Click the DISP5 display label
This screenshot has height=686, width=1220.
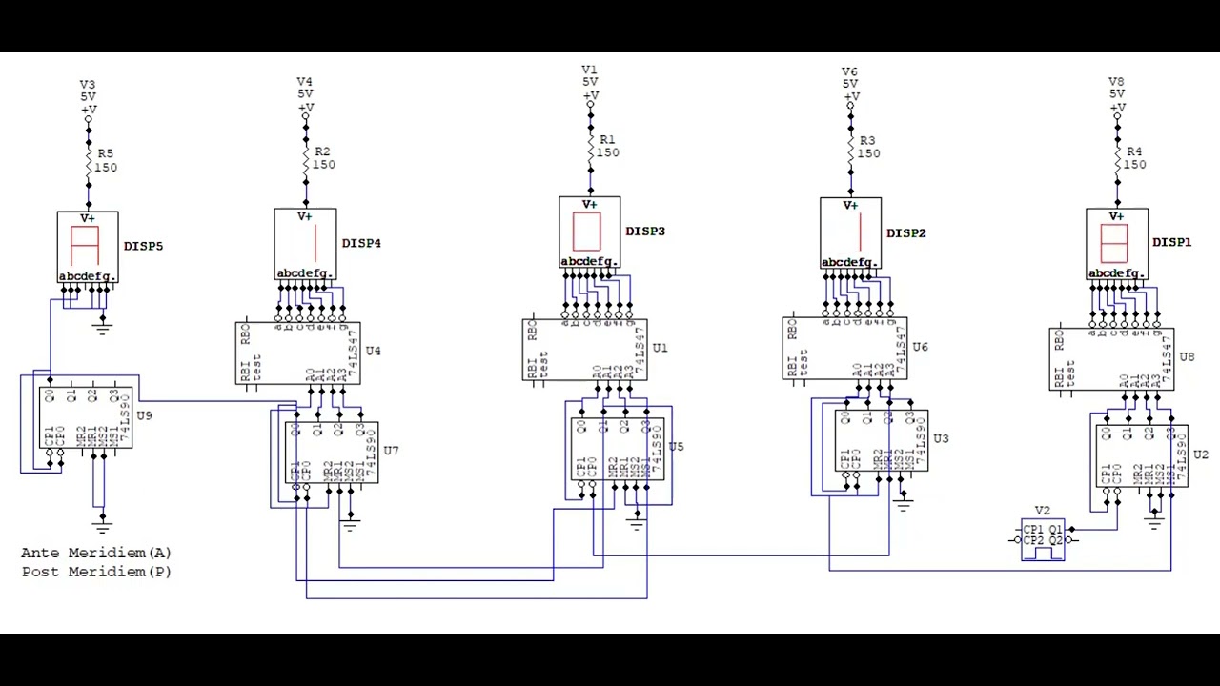143,247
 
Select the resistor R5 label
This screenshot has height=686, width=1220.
105,153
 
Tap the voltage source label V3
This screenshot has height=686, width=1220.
88,85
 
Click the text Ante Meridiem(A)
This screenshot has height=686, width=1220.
96,553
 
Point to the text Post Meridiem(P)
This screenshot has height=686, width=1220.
96,572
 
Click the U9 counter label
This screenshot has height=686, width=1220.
144,416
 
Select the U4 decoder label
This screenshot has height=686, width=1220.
373,352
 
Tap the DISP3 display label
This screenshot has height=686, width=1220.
645,232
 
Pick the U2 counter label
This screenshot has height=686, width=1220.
1201,454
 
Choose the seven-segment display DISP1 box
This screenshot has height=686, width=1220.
1116,244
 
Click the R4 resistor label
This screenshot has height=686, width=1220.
1134,151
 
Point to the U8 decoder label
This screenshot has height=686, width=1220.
1187,357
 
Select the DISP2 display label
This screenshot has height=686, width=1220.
906,233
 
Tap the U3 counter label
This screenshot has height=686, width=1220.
941,439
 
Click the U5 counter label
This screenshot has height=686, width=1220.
676,447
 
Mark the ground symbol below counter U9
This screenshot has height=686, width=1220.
102,522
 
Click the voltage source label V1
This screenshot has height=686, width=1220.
590,71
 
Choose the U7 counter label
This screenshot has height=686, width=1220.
391,451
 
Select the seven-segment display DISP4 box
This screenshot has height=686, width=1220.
305,245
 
